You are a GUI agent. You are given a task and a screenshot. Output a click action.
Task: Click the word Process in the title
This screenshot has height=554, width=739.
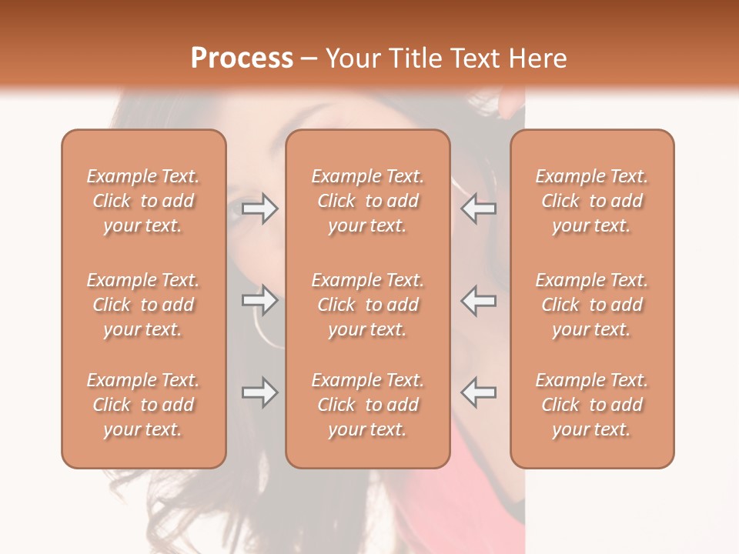pyautogui.click(x=242, y=58)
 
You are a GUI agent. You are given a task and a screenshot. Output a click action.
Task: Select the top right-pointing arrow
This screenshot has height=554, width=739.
pyautogui.click(x=259, y=209)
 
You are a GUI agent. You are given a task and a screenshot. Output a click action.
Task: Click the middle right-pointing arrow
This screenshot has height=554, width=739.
pyautogui.click(x=259, y=300)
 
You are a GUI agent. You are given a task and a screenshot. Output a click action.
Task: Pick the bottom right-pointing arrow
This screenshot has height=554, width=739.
pyautogui.click(x=259, y=392)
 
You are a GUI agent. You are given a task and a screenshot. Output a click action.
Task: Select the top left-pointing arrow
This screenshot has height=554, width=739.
pyautogui.click(x=478, y=209)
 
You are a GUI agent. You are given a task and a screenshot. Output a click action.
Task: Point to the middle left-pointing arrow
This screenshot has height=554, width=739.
pyautogui.click(x=478, y=300)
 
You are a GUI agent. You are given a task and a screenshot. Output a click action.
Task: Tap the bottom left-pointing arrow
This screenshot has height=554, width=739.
pyautogui.click(x=478, y=392)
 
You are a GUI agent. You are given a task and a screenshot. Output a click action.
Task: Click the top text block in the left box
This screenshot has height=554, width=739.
pyautogui.click(x=143, y=201)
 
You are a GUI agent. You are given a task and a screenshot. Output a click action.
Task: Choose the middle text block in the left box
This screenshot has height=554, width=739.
pyautogui.click(x=143, y=305)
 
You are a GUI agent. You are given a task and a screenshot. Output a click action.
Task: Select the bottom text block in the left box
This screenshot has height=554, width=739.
pyautogui.click(x=143, y=405)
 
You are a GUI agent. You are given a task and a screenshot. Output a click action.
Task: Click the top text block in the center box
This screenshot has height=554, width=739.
pyautogui.click(x=368, y=201)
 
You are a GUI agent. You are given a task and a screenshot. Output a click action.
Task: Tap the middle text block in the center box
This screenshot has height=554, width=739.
pyautogui.click(x=368, y=305)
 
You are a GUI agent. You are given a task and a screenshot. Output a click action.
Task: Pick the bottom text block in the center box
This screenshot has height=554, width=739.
pyautogui.click(x=368, y=405)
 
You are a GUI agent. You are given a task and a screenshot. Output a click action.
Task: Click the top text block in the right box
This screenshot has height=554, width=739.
pyautogui.click(x=592, y=201)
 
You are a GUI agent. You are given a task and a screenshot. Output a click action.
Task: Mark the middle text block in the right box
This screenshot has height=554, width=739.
pyautogui.click(x=592, y=305)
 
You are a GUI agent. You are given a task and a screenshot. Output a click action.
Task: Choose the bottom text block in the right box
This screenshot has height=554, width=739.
pyautogui.click(x=592, y=405)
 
